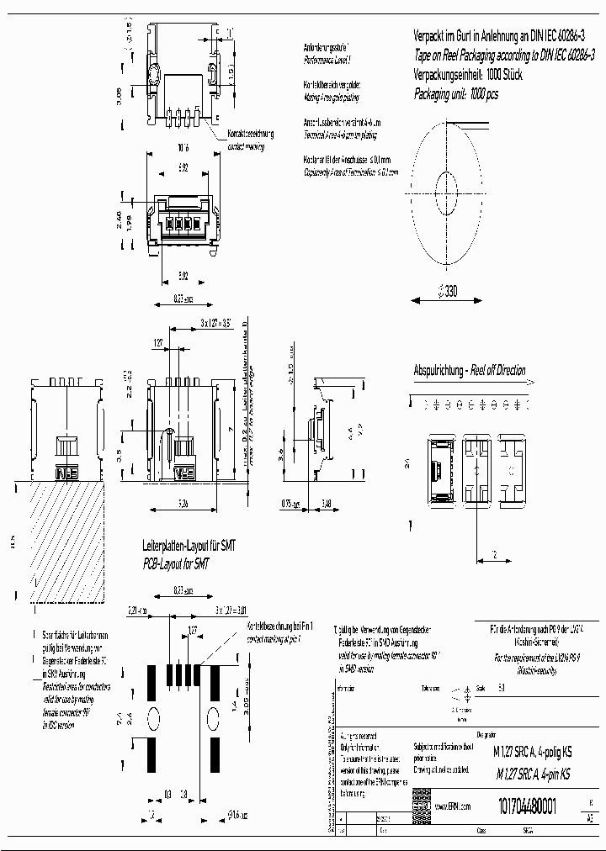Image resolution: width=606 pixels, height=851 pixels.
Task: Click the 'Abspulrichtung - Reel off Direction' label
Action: [x=469, y=370]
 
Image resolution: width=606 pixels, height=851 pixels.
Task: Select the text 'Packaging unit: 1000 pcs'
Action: [x=455, y=95]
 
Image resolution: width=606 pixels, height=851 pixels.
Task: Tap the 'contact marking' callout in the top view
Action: [x=246, y=147]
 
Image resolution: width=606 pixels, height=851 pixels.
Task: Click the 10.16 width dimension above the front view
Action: [x=183, y=147]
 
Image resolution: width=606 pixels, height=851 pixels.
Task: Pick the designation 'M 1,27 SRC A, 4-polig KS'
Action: [x=533, y=755]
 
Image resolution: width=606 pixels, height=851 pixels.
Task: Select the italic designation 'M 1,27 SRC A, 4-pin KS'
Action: [x=533, y=774]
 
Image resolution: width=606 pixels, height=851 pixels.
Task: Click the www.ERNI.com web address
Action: [x=452, y=806]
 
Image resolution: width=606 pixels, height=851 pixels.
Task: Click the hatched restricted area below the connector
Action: [x=59, y=542]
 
